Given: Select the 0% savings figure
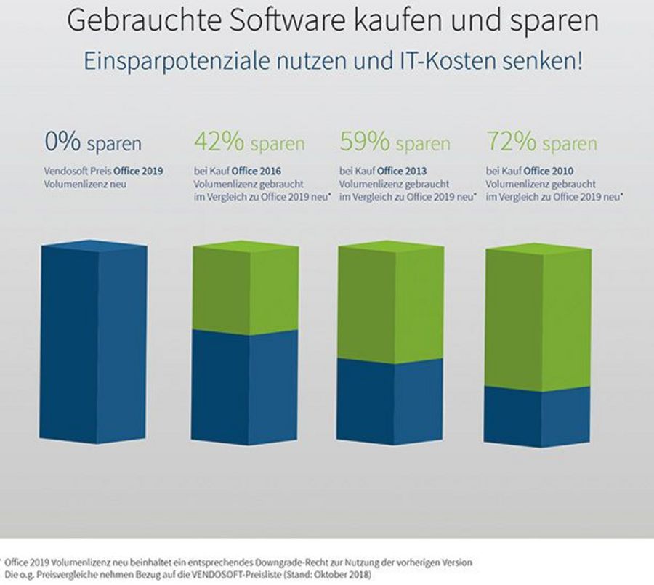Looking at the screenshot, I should tap(63, 142).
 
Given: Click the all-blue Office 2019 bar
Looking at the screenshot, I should tap(94, 345).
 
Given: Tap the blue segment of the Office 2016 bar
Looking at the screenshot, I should tap(245, 385).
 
